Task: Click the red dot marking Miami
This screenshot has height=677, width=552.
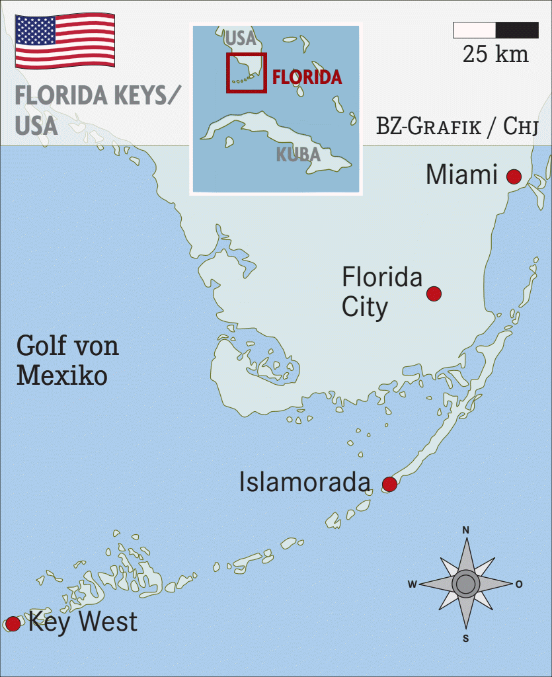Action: point(514,177)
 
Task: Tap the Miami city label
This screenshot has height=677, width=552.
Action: point(461,175)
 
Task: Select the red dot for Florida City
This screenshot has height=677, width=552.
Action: point(434,294)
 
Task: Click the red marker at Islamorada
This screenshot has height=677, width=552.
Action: point(389,485)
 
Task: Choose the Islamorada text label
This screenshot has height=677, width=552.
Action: point(304,483)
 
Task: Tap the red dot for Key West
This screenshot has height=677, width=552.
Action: point(13,623)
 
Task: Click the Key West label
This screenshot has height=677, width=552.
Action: point(83,622)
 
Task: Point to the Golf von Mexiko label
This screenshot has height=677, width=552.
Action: point(67,361)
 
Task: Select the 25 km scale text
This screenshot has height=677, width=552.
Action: point(496,54)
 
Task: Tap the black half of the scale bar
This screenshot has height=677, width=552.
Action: point(517,30)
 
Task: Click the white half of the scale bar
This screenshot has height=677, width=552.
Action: point(474,30)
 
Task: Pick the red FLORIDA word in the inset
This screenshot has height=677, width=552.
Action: point(307,77)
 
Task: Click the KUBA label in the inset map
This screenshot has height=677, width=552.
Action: point(298,155)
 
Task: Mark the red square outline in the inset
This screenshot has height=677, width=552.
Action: point(247,73)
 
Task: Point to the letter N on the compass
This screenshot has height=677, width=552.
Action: point(466,530)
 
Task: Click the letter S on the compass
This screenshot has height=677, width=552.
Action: point(466,638)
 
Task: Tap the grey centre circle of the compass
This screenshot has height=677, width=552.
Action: point(466,584)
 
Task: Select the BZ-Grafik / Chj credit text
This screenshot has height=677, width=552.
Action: point(457,126)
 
